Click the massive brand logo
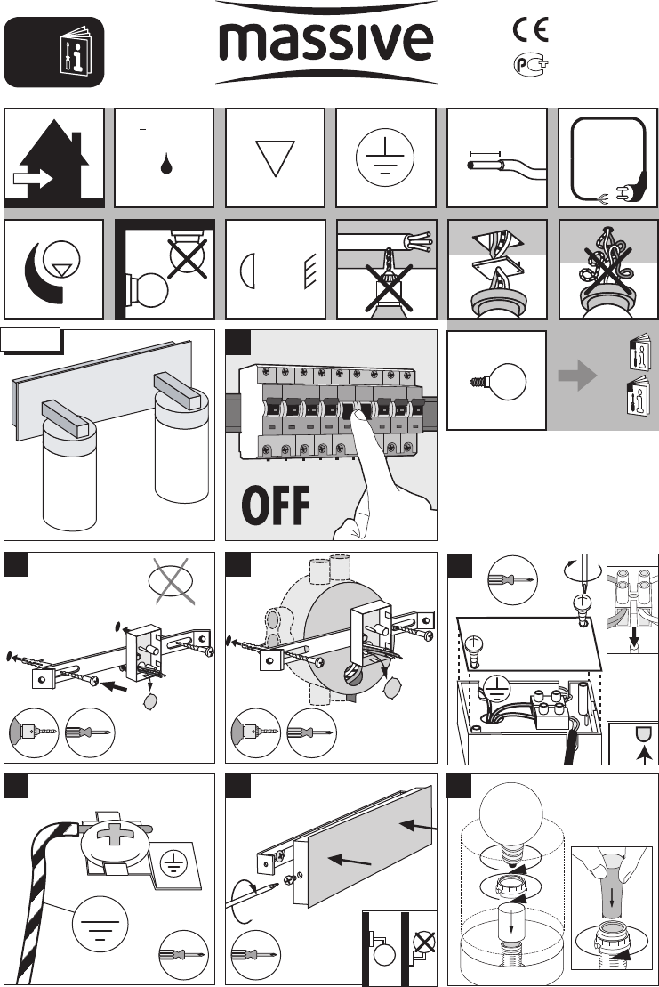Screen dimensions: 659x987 click(327, 43)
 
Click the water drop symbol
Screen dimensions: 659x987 click(166, 165)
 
